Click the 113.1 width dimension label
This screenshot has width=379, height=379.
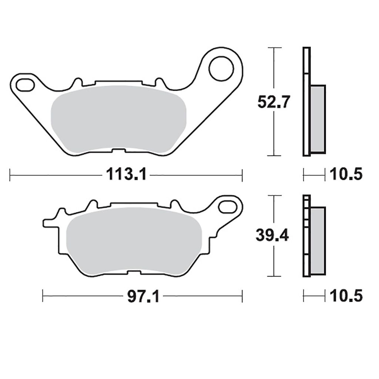[x=126, y=174]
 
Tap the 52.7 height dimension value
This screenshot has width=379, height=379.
[x=274, y=102]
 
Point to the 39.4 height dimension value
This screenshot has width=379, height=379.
[x=272, y=235]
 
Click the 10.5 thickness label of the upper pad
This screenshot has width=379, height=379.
[x=346, y=174]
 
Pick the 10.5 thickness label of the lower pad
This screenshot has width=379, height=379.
[x=346, y=296]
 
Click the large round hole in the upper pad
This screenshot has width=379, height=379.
[x=221, y=68]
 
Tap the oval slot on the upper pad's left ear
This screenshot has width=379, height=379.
[x=25, y=85]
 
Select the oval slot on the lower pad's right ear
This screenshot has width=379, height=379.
[x=228, y=207]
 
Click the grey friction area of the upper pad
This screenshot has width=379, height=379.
[x=118, y=120]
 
